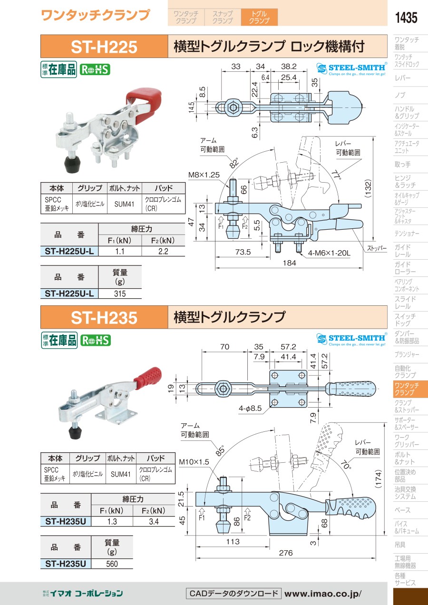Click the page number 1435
[x=406, y=18]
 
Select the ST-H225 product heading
[x=104, y=47]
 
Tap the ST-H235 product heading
[x=104, y=317]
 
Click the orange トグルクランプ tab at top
[x=259, y=18]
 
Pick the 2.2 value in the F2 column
[x=163, y=251]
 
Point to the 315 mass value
[x=120, y=293]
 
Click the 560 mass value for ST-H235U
[x=112, y=564]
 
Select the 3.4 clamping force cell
[x=154, y=522]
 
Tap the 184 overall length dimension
[x=289, y=263]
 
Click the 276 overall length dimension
[x=285, y=553]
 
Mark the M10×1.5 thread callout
[x=194, y=462]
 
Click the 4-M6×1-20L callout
[x=329, y=253]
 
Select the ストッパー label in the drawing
[x=377, y=248]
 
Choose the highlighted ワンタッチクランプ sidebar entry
[x=407, y=389]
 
